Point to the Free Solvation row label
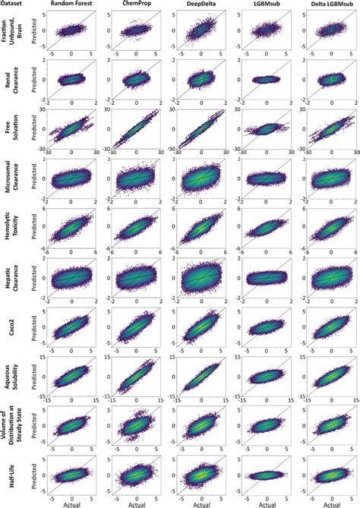point(11,129)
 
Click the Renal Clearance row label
point(11,80)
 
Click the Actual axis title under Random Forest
point(73,503)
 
